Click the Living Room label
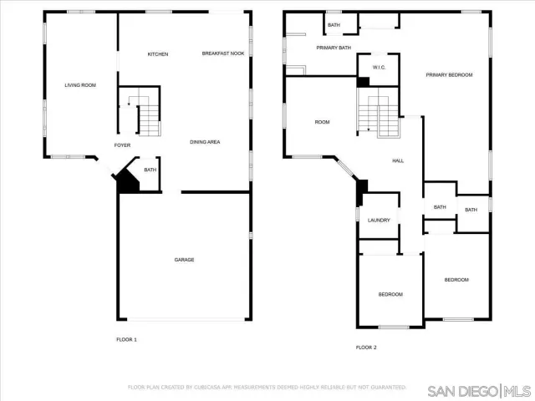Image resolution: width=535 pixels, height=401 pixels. click(x=80, y=85)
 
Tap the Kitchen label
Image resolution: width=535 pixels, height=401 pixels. click(x=158, y=54)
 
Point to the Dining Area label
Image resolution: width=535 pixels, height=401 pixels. click(x=205, y=142)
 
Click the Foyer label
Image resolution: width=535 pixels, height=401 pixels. click(x=122, y=145)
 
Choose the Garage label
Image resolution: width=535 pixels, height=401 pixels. click(x=184, y=260)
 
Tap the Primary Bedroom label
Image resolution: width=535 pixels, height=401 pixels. click(x=449, y=75)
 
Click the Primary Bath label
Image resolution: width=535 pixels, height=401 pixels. click(x=334, y=48)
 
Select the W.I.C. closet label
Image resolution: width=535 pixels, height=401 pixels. click(x=378, y=67)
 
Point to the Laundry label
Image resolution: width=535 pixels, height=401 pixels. click(x=379, y=221)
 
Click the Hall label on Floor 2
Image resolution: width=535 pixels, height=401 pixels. click(x=399, y=160)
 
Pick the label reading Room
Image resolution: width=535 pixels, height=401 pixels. click(x=322, y=123)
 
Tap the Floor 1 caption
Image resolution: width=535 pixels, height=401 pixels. click(x=126, y=339)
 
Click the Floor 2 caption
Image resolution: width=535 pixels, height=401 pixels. click(x=366, y=347)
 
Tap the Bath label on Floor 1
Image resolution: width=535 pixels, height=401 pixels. click(x=150, y=170)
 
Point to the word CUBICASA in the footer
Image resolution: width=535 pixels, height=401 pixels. click(x=214, y=388)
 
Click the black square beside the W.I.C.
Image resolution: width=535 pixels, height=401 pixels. click(x=363, y=82)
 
